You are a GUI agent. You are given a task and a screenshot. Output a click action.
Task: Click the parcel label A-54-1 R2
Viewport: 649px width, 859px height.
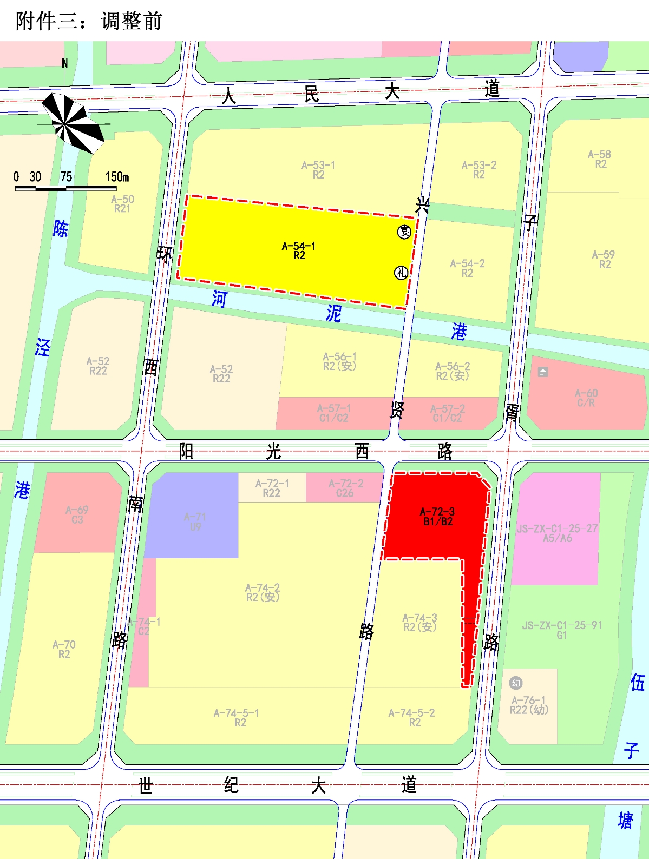[299, 250]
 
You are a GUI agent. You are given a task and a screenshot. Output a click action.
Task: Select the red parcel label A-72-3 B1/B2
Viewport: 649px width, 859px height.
[437, 517]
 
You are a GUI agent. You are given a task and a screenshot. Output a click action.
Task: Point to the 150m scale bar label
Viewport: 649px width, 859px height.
[117, 177]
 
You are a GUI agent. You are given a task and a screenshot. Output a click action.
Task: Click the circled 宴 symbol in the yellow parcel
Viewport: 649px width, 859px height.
[404, 232]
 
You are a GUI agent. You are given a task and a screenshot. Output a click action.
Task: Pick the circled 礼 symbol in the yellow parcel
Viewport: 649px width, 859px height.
[401, 273]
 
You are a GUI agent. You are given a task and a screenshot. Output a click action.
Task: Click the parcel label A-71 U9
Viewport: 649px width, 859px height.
[195, 521]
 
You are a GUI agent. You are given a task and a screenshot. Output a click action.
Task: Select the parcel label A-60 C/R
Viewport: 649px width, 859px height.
[586, 398]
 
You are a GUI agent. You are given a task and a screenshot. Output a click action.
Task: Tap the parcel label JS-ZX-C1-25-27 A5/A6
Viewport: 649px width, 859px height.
[557, 533]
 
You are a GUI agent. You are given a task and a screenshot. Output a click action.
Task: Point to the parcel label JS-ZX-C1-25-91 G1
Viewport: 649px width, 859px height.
[562, 630]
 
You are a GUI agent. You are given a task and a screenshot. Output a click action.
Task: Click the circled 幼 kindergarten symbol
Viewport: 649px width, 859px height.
[516, 683]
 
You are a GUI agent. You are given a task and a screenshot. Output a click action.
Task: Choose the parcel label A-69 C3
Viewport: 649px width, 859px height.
[77, 514]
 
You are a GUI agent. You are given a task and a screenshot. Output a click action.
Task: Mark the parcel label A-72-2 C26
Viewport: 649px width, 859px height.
[345, 488]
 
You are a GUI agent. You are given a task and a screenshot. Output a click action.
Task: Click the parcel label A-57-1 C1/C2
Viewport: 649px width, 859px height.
[333, 413]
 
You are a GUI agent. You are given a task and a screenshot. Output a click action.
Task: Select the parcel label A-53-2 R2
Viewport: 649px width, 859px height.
[478, 169]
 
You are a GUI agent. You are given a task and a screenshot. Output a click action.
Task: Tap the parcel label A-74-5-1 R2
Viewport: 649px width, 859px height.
[237, 717]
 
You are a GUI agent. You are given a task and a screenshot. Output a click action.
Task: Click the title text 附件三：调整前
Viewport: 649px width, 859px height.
[89, 21]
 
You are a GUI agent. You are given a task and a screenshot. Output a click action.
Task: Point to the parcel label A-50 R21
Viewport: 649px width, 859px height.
[122, 203]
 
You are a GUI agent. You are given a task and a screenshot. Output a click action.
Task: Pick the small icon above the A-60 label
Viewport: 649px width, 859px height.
[543, 372]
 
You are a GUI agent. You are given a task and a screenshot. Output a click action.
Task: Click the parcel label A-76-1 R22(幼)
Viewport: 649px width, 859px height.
[529, 705]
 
